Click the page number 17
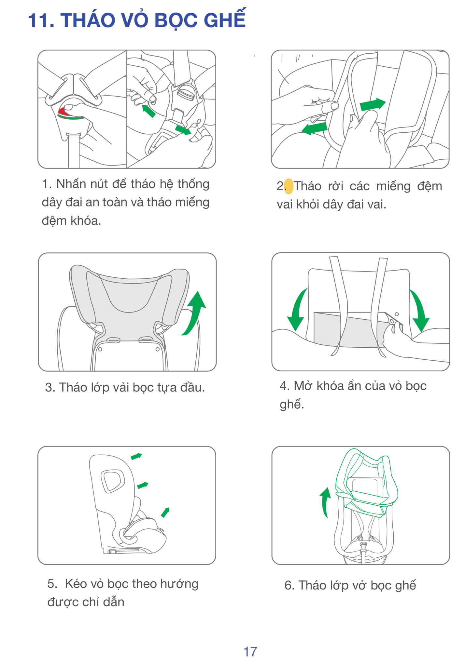point(250,652)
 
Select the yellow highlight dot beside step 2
point(289,186)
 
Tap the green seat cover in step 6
point(367,481)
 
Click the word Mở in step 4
point(303,386)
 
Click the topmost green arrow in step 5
point(136,456)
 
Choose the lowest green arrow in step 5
point(165,512)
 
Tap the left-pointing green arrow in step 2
point(315,128)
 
